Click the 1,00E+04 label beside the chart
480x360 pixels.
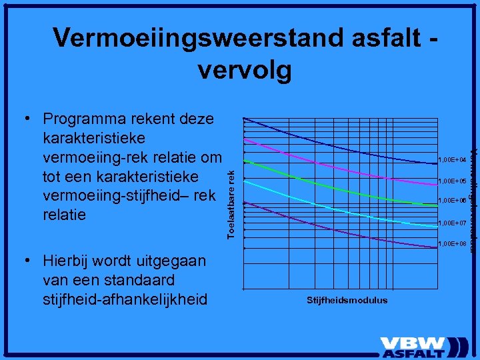coord(451,160)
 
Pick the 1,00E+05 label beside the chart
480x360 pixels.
coord(451,181)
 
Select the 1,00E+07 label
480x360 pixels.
coord(451,223)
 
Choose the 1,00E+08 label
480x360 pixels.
coord(451,244)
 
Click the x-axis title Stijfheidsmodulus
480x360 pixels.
coord(347,300)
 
